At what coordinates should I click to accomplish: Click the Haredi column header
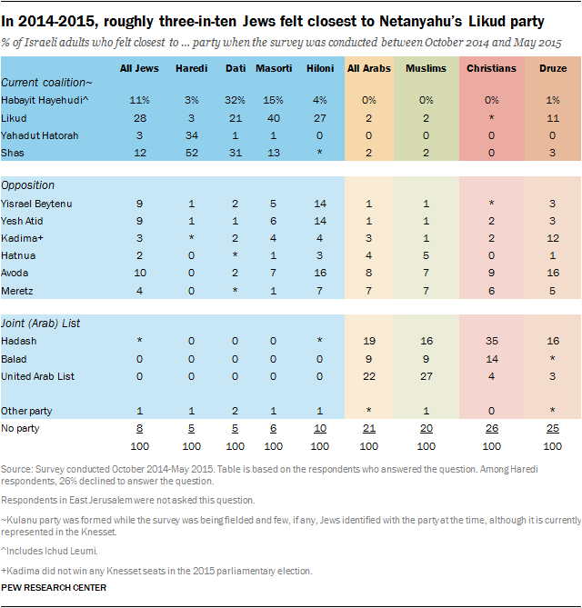pyautogui.click(x=191, y=68)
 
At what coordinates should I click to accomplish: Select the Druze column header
pyautogui.click(x=553, y=68)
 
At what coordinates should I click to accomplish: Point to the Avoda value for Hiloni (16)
pyautogui.click(x=318, y=273)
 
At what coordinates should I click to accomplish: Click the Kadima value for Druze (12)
pyautogui.click(x=554, y=238)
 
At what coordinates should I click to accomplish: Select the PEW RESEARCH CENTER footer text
pyautogui.click(x=55, y=588)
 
